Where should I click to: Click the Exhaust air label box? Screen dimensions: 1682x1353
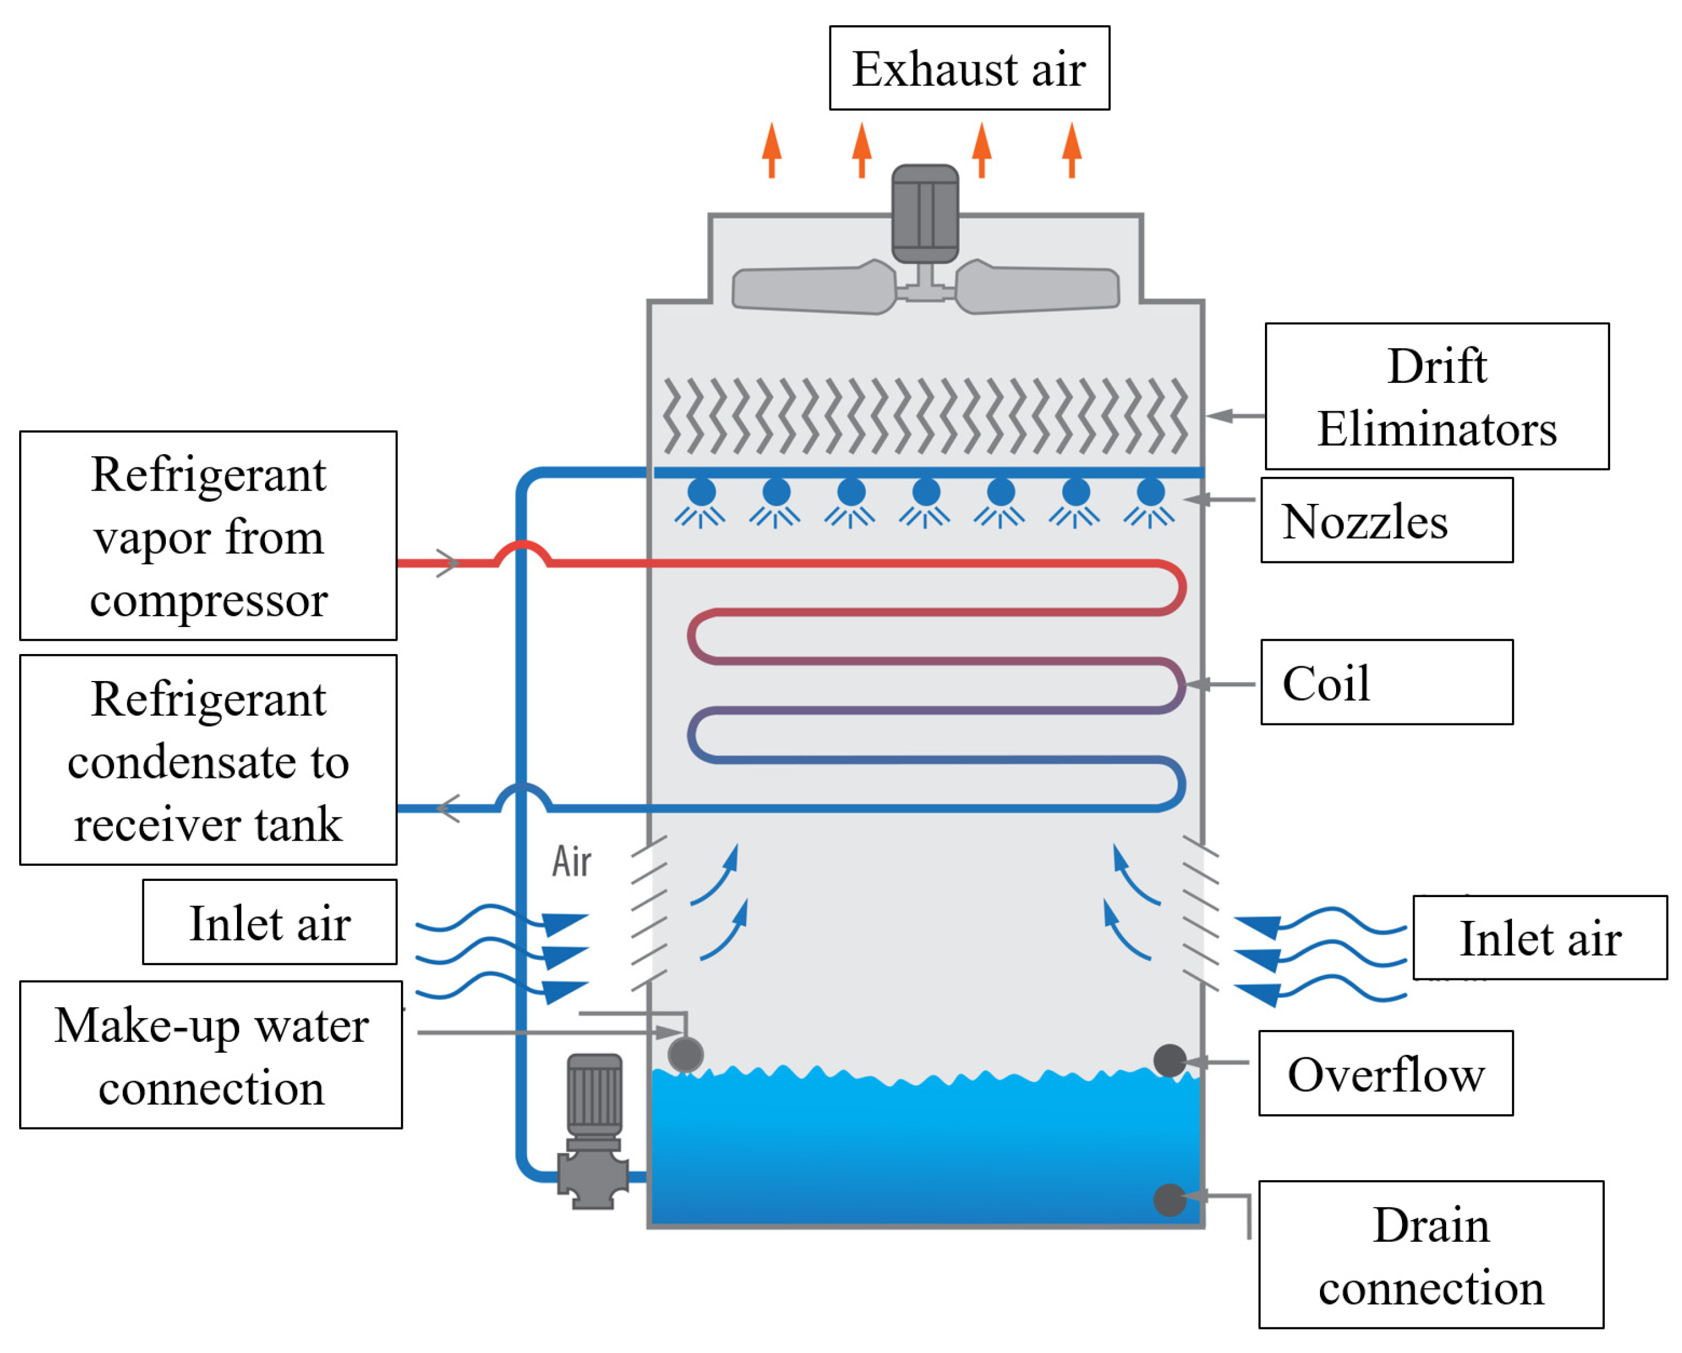[969, 68]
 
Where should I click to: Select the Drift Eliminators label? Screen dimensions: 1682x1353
[1437, 396]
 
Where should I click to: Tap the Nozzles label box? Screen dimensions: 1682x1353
[1387, 521]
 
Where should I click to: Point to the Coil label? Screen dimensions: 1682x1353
[1387, 683]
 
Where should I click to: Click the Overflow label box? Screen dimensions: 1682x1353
[1386, 1074]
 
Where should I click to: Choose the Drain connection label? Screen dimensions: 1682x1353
[1431, 1255]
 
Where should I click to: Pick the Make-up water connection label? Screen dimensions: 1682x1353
[211, 1055]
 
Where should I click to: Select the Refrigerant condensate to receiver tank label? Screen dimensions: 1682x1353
[208, 760]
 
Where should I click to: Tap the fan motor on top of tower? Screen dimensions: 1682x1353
[925, 214]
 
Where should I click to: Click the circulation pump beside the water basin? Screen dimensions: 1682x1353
[594, 1132]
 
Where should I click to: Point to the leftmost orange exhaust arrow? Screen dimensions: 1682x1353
[771, 150]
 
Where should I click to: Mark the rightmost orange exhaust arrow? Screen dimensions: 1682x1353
[1072, 150]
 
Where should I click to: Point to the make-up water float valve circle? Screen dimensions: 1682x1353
[686, 1055]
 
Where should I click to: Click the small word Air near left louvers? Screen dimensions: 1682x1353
[572, 862]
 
